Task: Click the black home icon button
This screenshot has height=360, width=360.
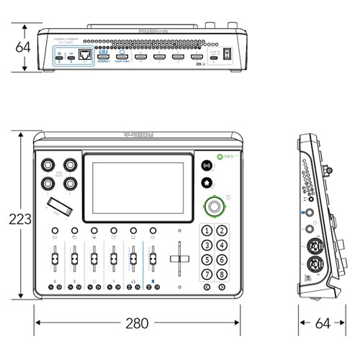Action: [x=207, y=184]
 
